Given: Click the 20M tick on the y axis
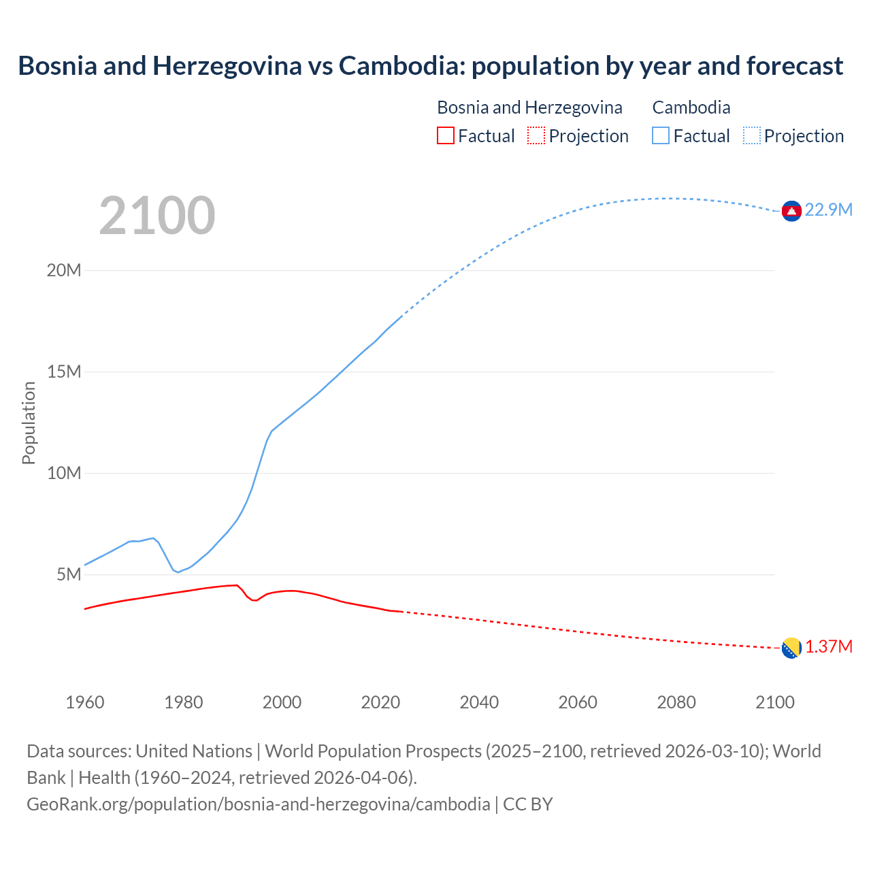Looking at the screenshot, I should [x=64, y=270].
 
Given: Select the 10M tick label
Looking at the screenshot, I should [x=64, y=473].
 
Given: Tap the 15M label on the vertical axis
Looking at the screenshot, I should [x=64, y=372].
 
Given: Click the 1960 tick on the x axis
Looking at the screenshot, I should [x=85, y=702].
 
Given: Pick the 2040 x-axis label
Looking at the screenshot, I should [x=479, y=702].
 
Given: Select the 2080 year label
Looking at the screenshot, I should [x=676, y=702].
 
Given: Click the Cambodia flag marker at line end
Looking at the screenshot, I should [x=791, y=212].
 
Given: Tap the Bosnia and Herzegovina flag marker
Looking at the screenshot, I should [x=791, y=648].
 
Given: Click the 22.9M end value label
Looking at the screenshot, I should [x=828, y=210].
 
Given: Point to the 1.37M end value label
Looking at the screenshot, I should [x=828, y=646].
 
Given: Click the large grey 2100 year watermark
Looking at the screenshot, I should [x=157, y=216].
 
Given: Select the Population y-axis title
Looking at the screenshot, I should [x=29, y=423].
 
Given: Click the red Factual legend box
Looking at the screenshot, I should [x=445, y=135].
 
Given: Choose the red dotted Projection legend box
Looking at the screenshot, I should [x=536, y=135].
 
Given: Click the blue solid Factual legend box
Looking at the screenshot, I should [x=661, y=135].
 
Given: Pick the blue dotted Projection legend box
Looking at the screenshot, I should [x=752, y=135].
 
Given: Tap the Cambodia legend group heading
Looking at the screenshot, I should [x=691, y=108].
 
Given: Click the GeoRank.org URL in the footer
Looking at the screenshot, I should [x=258, y=804].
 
